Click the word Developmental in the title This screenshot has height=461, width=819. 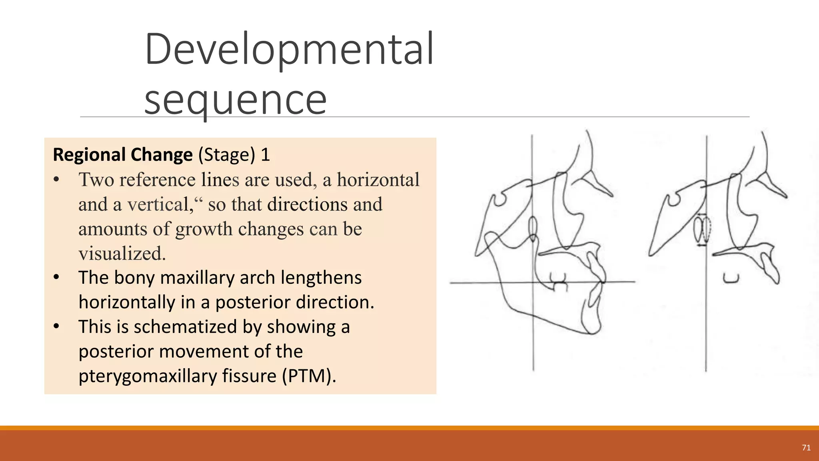[x=289, y=50]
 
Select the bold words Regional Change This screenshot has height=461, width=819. [x=123, y=155]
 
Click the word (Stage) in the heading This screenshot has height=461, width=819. [x=227, y=155]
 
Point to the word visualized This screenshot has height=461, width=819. [x=122, y=253]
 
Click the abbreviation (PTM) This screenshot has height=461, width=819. [x=309, y=376]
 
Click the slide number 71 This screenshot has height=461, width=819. [x=806, y=448]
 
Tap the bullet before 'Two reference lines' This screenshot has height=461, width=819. [x=56, y=180]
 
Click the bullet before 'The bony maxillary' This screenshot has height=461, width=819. [x=56, y=277]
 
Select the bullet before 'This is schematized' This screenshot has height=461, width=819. [x=56, y=327]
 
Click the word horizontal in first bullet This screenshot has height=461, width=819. [x=378, y=180]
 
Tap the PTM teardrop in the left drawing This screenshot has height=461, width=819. [x=533, y=228]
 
